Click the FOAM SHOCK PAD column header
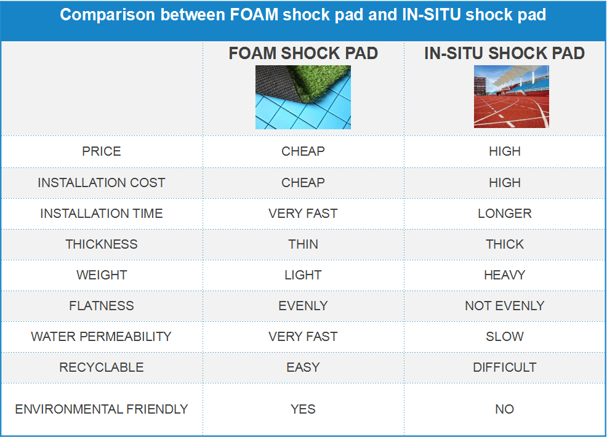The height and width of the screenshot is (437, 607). [303, 54]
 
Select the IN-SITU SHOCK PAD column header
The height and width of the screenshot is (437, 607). [504, 54]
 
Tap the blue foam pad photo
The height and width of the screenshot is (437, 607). [303, 97]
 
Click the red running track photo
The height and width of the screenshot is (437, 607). [512, 97]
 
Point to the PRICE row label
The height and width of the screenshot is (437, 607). [102, 151]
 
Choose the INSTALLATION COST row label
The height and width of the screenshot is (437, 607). [102, 183]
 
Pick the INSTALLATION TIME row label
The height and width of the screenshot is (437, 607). [102, 214]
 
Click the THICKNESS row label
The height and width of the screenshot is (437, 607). [102, 244]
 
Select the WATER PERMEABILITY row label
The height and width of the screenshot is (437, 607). [102, 337]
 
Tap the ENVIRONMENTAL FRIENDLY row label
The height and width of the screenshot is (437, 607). [102, 409]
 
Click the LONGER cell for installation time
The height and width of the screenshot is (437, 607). [505, 214]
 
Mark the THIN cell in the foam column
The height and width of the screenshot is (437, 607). [303, 244]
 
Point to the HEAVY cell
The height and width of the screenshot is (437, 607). [505, 275]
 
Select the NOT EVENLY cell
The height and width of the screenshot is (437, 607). [505, 306]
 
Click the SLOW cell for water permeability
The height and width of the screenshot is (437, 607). [505, 337]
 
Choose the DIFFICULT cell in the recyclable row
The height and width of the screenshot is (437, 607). [505, 367]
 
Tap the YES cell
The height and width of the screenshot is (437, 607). [303, 409]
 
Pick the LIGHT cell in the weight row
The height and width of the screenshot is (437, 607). [303, 275]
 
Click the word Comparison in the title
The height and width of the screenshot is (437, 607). [107, 15]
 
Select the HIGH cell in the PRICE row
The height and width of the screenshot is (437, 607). [505, 151]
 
